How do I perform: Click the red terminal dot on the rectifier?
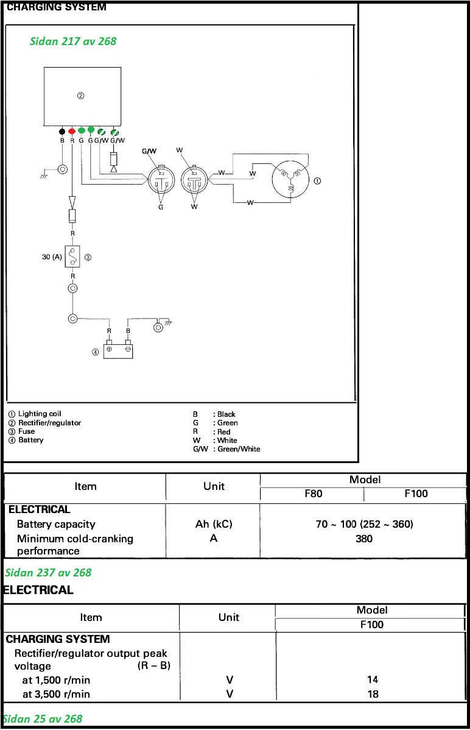pos(72,131)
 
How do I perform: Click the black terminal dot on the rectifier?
pos(62,131)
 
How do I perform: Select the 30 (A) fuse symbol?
pos(72,257)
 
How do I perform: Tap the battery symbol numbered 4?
pos(118,350)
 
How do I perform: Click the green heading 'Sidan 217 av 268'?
pos(73,41)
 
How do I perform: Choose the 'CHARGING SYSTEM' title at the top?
pos(57,7)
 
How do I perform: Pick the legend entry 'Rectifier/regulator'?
pos(49,423)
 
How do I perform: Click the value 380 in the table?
pos(364,539)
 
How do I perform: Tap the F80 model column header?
pos(314,494)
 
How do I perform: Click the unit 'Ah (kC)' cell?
pos(214,524)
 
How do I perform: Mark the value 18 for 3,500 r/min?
pos(373,694)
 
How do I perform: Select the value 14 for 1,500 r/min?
pos(373,679)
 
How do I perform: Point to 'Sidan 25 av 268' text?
pos(43,718)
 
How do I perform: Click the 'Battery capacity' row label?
pos(56,524)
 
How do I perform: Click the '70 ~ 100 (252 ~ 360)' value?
pos(364,524)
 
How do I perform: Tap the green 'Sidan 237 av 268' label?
pos(48,572)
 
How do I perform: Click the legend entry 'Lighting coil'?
pos(40,414)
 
